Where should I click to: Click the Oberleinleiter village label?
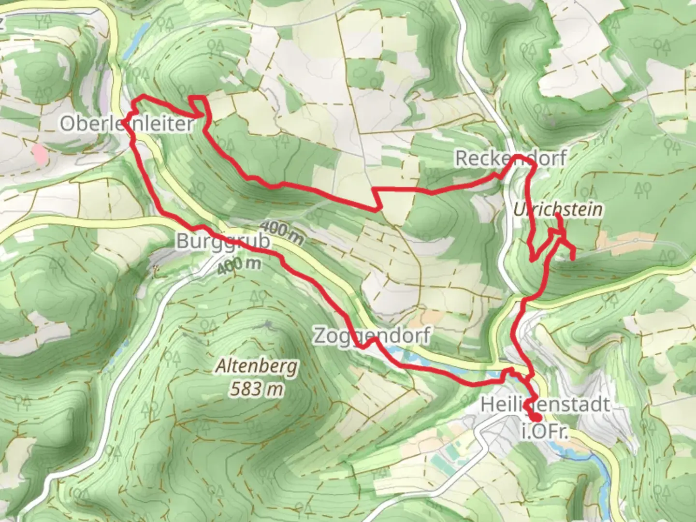click(127, 124)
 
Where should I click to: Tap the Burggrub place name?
click(223, 241)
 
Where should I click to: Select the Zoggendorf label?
click(371, 335)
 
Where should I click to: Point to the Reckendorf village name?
click(510, 159)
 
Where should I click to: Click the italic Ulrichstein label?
click(558, 210)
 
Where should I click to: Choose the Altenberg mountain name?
click(257, 367)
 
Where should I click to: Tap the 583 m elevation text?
click(257, 388)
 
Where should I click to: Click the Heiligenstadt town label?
click(545, 404)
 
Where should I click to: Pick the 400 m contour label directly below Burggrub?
click(239, 264)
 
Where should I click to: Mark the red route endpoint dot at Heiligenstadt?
click(536, 418)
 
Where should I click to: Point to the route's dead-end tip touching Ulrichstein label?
click(557, 214)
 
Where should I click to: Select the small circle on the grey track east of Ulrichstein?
click(636, 240)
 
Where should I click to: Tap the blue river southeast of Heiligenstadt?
click(599, 469)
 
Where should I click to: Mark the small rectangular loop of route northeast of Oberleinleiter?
click(199, 104)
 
